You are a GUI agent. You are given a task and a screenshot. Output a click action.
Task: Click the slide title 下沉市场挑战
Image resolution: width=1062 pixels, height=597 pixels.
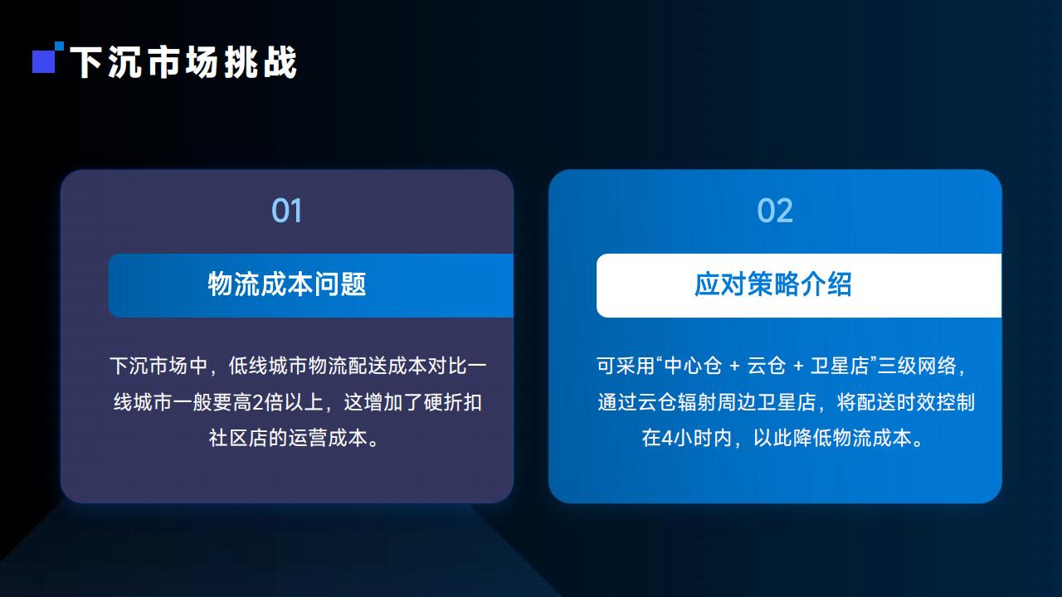(x=183, y=62)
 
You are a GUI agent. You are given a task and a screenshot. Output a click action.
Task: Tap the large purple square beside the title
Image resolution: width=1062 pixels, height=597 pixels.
(x=44, y=61)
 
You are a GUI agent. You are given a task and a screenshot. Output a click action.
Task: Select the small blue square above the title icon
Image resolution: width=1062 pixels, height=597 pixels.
(x=59, y=46)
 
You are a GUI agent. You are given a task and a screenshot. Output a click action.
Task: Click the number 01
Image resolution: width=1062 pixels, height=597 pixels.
(x=286, y=211)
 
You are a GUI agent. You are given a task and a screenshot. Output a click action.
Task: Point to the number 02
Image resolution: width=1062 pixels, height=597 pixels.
(x=775, y=211)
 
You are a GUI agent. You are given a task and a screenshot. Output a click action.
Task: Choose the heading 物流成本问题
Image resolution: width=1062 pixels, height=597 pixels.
(x=287, y=284)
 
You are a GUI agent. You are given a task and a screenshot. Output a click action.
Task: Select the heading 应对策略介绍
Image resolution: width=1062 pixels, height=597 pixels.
(x=772, y=284)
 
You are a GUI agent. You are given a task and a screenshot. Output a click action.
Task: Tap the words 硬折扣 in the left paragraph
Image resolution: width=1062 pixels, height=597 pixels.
(x=453, y=402)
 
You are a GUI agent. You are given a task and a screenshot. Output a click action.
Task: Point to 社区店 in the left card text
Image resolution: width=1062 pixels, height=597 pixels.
(x=238, y=438)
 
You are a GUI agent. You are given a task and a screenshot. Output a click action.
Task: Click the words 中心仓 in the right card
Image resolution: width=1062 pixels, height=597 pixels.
(x=693, y=366)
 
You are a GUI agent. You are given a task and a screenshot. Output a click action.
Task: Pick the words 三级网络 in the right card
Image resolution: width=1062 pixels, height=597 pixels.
(x=917, y=366)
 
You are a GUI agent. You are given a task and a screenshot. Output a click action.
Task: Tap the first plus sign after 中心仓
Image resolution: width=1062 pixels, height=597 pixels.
(x=734, y=366)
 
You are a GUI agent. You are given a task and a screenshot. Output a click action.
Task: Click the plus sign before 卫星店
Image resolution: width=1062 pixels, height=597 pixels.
(x=798, y=366)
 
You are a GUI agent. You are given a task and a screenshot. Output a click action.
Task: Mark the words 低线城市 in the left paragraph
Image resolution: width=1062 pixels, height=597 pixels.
(x=268, y=366)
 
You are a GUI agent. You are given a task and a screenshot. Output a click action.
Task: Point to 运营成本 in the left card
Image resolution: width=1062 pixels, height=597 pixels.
(x=328, y=438)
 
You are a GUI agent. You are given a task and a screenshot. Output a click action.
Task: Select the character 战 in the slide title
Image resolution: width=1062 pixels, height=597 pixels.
(x=280, y=62)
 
